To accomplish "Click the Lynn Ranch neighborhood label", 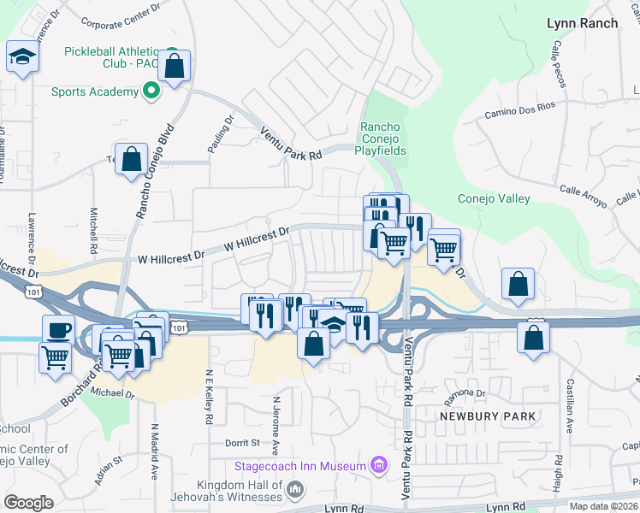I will (582, 23).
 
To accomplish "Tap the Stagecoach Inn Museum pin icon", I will (377, 466).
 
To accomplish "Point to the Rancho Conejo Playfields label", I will (382, 139).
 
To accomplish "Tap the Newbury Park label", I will (487, 416).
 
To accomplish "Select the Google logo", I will (28, 502).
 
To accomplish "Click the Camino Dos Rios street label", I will (519, 109).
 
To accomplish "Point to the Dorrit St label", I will (242, 443).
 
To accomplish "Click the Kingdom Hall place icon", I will (294, 489).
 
